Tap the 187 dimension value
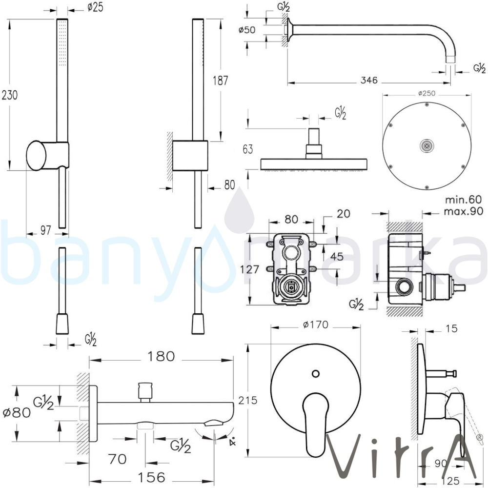click(x=221, y=81)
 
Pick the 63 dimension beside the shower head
click(x=247, y=149)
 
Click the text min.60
click(x=464, y=199)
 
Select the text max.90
click(x=464, y=211)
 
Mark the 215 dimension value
click(x=248, y=399)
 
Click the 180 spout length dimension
click(x=161, y=357)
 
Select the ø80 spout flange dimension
click(x=18, y=412)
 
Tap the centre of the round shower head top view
click(x=427, y=145)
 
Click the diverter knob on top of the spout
click(x=145, y=389)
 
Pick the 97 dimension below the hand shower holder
click(x=45, y=231)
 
